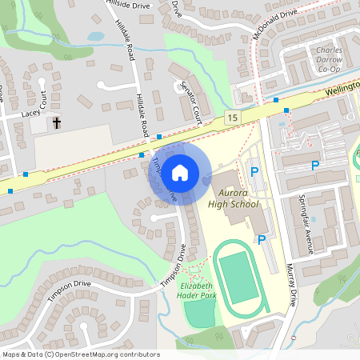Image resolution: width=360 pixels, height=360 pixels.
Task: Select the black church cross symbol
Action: click(57, 123)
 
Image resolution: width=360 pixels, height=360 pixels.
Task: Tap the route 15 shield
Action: click(232, 118)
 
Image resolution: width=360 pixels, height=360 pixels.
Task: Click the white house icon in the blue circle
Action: click(180, 172)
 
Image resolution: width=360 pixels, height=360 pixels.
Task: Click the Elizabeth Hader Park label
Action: click(197, 290)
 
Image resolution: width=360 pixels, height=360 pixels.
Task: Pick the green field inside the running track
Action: click(241, 277)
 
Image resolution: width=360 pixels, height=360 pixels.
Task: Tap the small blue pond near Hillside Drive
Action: click(96, 36)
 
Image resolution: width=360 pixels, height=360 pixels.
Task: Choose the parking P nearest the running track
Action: click(261, 239)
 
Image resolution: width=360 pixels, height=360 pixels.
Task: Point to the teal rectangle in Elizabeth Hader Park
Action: click(199, 314)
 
